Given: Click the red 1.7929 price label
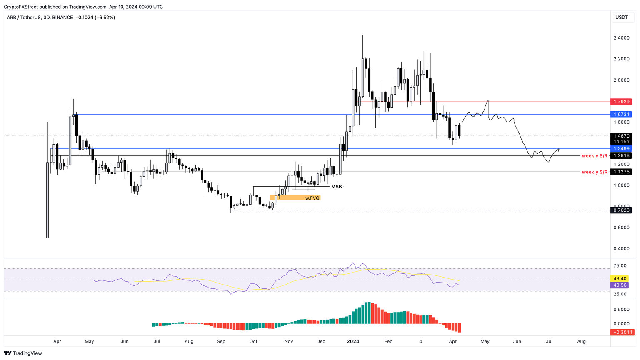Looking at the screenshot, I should (x=621, y=102).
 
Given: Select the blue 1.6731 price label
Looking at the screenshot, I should (x=621, y=114).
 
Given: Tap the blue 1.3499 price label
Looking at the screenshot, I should (x=621, y=148).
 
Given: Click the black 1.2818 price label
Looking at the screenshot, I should (x=621, y=155).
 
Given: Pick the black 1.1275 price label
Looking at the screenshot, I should (x=621, y=172).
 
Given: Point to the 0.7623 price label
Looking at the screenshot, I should (x=621, y=210).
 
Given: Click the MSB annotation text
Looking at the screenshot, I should (x=336, y=187).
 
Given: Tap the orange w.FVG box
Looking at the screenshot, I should (x=295, y=198).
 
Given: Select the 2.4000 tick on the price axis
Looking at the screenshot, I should (x=621, y=38).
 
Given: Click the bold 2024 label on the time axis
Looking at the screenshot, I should (x=353, y=341).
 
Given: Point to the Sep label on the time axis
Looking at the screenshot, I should (x=221, y=341).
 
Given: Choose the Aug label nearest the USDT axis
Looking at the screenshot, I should (x=581, y=341).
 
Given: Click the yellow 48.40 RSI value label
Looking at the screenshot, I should (x=620, y=278).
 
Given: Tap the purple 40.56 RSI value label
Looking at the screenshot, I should (x=620, y=285).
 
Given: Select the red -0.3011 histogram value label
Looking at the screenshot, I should (x=621, y=332).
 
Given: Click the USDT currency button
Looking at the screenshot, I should (x=622, y=17).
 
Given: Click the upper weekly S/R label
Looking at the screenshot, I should (x=595, y=155).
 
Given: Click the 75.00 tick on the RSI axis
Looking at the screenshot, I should (x=620, y=266).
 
